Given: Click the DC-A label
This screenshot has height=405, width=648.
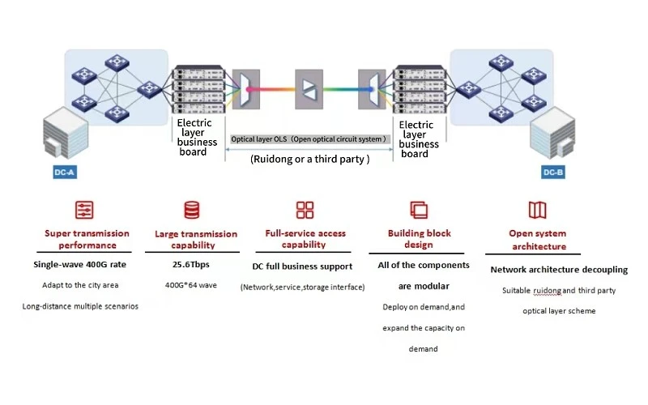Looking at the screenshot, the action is [x=65, y=173].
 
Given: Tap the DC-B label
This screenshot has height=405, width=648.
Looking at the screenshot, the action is [x=553, y=173].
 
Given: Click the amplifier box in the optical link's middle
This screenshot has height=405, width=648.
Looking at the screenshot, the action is [x=309, y=89].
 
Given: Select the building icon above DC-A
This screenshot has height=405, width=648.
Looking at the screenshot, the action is [x=66, y=133].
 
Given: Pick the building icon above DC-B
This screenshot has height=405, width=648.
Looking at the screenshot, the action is [x=552, y=133].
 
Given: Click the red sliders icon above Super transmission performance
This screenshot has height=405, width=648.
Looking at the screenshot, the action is [x=84, y=210].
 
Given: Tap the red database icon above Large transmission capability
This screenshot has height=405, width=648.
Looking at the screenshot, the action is [x=192, y=210].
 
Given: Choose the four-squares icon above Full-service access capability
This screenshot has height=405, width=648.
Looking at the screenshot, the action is [x=305, y=210].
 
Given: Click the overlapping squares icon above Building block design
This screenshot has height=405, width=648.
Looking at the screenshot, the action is [x=419, y=210].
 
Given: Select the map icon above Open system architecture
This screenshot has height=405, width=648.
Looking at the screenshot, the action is [x=538, y=210].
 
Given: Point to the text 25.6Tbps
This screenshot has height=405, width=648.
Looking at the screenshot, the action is [x=191, y=265].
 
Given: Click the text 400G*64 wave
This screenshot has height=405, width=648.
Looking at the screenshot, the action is [x=191, y=285].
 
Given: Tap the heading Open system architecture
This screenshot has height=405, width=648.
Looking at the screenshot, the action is [x=538, y=240].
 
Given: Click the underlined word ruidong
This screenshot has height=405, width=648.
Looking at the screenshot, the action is [x=548, y=291].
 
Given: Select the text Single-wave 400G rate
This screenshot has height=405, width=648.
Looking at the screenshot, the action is [x=79, y=265].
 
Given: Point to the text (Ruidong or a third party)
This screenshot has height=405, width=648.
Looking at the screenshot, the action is [x=310, y=160].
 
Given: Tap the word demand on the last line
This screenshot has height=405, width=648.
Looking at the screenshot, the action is [x=423, y=349].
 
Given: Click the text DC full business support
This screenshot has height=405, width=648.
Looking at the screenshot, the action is [x=302, y=266].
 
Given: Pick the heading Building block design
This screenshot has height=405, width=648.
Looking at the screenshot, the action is [x=419, y=239].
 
